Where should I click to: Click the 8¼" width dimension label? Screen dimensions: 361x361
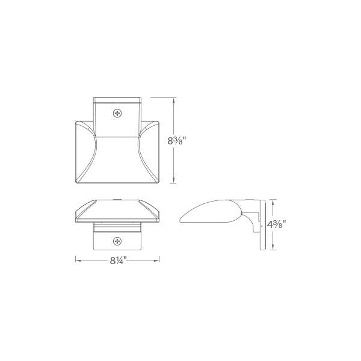pyautogui.click(x=118, y=260)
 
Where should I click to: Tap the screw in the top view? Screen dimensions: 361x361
pyautogui.click(x=117, y=113)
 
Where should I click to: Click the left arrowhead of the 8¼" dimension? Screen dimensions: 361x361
pyautogui.click(x=77, y=260)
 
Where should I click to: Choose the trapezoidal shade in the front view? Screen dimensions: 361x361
pyautogui.click(x=117, y=211)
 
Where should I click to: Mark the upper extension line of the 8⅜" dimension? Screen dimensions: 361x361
pyautogui.click(x=162, y=97)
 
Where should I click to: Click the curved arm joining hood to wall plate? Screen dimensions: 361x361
pyautogui.click(x=250, y=211)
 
